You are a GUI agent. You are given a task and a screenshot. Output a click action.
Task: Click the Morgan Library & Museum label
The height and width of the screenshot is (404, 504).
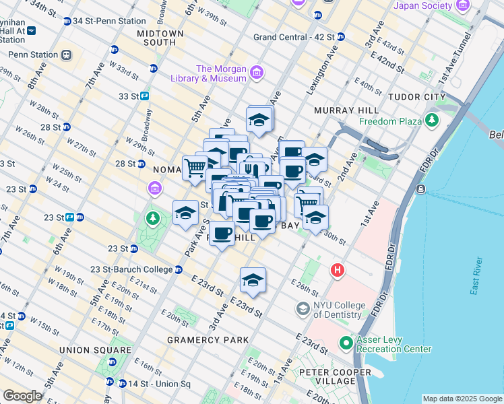220,73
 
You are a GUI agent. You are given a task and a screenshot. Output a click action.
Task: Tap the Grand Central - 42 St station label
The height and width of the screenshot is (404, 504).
293,37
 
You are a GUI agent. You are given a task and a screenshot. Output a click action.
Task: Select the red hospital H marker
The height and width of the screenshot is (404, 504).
338,271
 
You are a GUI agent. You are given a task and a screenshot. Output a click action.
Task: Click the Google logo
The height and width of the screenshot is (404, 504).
22,395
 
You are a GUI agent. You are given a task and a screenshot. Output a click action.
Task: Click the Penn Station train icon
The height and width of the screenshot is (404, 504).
66,55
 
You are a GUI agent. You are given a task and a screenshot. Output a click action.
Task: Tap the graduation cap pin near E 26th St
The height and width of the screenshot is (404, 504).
253,281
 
